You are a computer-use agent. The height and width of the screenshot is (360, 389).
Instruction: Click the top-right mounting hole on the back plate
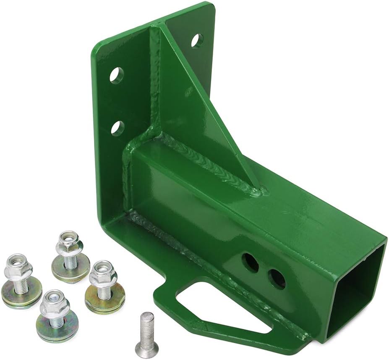click(197, 40)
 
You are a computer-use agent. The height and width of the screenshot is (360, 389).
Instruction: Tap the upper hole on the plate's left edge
click(117, 75)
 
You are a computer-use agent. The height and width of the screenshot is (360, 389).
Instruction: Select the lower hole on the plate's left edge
click(117, 128)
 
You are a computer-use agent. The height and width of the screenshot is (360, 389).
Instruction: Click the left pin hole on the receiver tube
click(251, 263)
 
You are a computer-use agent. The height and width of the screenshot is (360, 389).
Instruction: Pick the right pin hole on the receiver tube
click(277, 279)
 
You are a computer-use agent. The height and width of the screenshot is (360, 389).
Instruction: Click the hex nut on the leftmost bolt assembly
click(18, 268)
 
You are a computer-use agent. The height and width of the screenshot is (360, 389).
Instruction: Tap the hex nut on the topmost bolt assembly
click(70, 243)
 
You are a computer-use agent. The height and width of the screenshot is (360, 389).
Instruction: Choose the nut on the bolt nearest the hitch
click(103, 274)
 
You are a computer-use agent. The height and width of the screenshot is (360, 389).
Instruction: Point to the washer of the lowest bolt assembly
click(57, 330)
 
